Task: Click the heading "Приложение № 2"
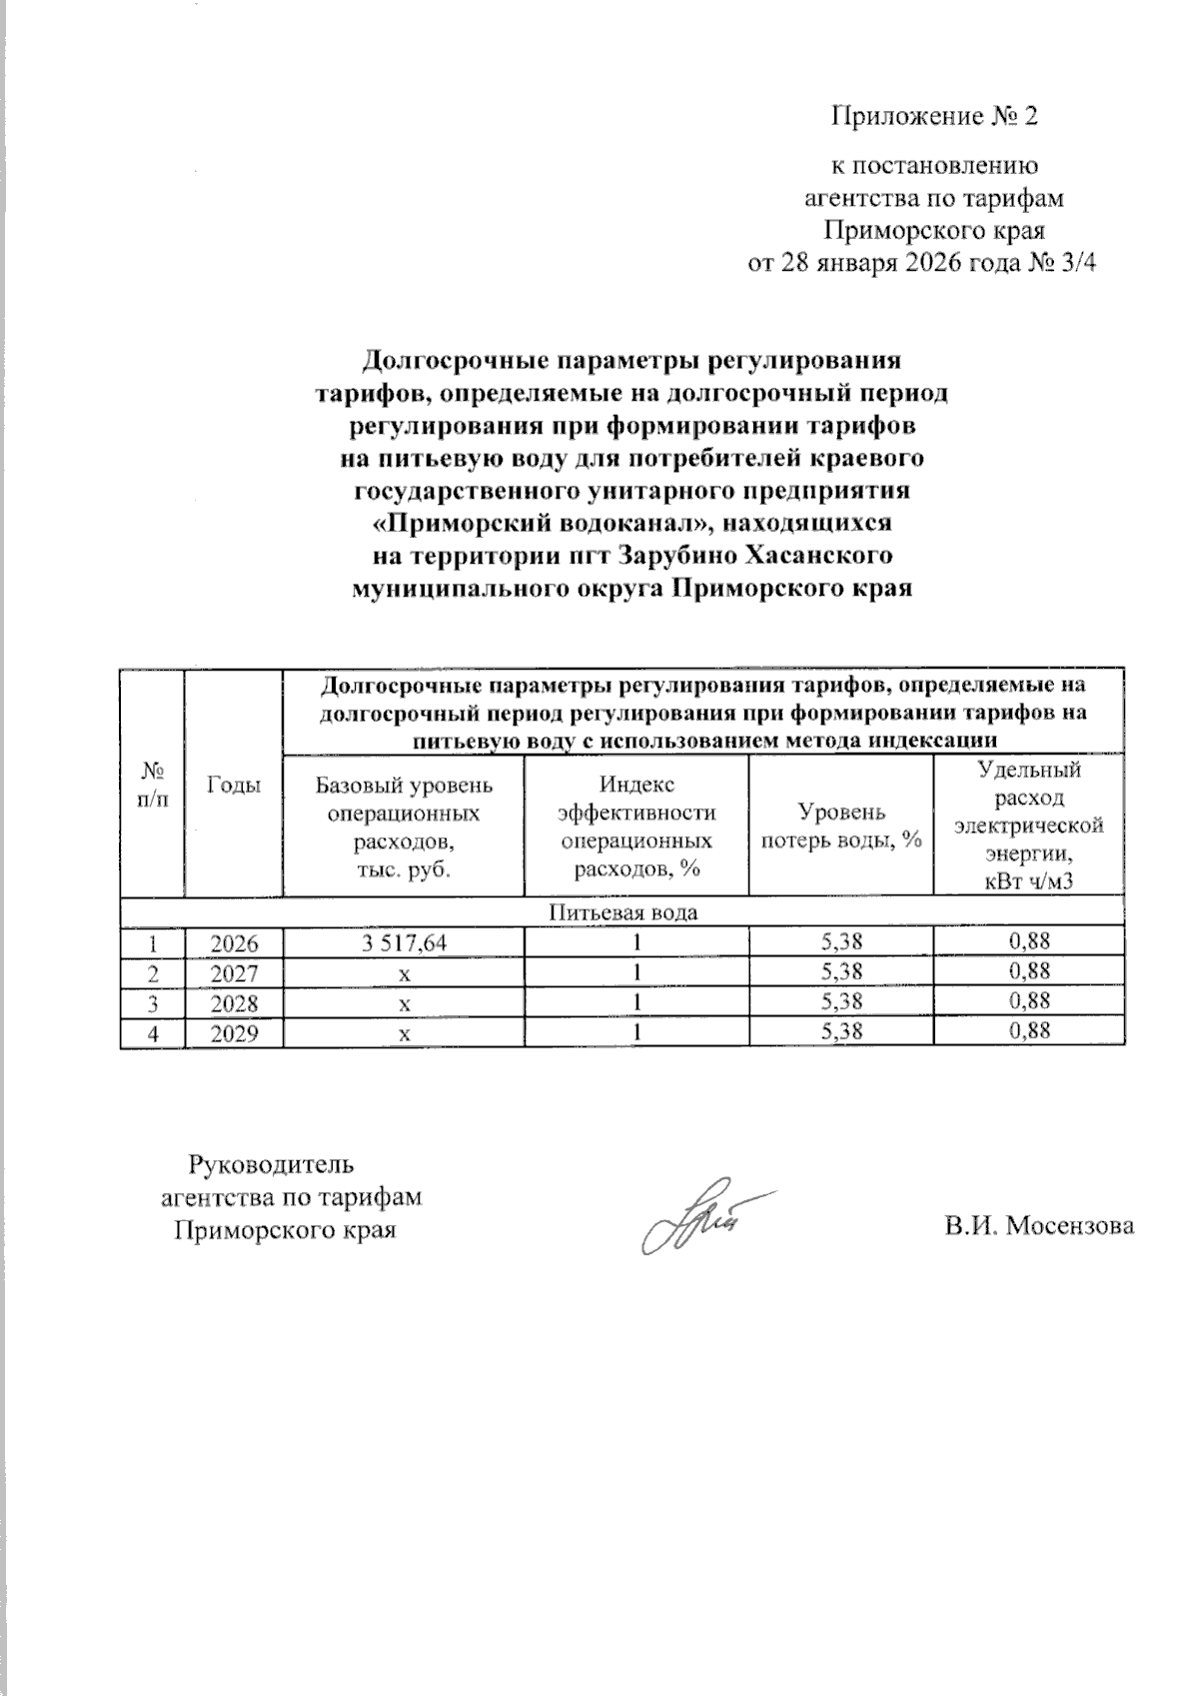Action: pyautogui.click(x=935, y=118)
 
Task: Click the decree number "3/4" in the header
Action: pyautogui.click(x=1075, y=265)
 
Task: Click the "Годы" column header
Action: pyautogui.click(x=234, y=786)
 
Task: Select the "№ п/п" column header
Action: pyautogui.click(x=152, y=786)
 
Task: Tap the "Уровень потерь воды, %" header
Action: pyautogui.click(x=840, y=827)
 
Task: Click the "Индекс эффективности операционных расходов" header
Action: pyautogui.click(x=636, y=827)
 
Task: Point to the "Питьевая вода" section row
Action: pyautogui.click(x=622, y=912)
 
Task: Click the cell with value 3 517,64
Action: pyautogui.click(x=404, y=941)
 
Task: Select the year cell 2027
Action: pyautogui.click(x=234, y=971)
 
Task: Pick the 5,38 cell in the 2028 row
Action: pyautogui.click(x=840, y=1001)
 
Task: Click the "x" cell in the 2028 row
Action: pyautogui.click(x=404, y=1002)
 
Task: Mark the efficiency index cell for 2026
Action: pyautogui.click(x=636, y=941)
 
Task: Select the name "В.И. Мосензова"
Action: pyautogui.click(x=1039, y=1227)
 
